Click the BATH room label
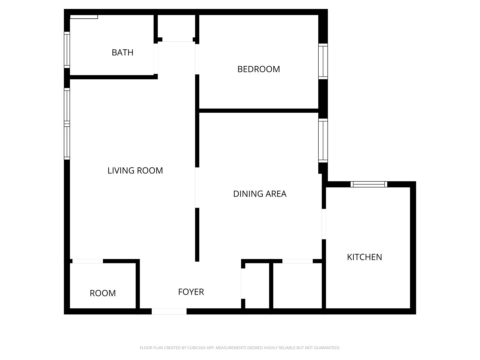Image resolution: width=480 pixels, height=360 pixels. [x=122, y=52]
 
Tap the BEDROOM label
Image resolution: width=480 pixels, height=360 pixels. [x=258, y=69]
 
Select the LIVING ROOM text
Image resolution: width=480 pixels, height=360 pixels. [x=135, y=170]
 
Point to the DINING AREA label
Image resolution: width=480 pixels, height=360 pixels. [x=260, y=194]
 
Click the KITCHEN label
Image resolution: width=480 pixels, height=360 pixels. [x=364, y=257]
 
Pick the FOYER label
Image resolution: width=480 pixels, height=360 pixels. [x=191, y=292]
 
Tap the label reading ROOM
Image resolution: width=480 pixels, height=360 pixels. [x=103, y=293]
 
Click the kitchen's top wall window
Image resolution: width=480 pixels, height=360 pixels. [x=369, y=184]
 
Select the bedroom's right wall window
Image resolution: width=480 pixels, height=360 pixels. [x=323, y=61]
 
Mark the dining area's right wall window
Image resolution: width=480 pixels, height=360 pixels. [x=323, y=141]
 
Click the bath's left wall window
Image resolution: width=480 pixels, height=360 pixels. [x=67, y=50]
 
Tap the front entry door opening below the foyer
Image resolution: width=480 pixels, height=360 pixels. [x=169, y=311]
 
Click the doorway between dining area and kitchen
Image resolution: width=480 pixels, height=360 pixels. [x=324, y=224]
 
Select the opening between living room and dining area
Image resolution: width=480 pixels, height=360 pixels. [x=197, y=187]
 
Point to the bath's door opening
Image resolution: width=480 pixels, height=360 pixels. [x=155, y=59]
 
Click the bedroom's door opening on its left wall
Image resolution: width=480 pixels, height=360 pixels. [x=197, y=59]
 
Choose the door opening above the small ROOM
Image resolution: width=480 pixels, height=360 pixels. [x=88, y=261]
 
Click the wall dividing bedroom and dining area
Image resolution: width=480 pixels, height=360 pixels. [x=259, y=110]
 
